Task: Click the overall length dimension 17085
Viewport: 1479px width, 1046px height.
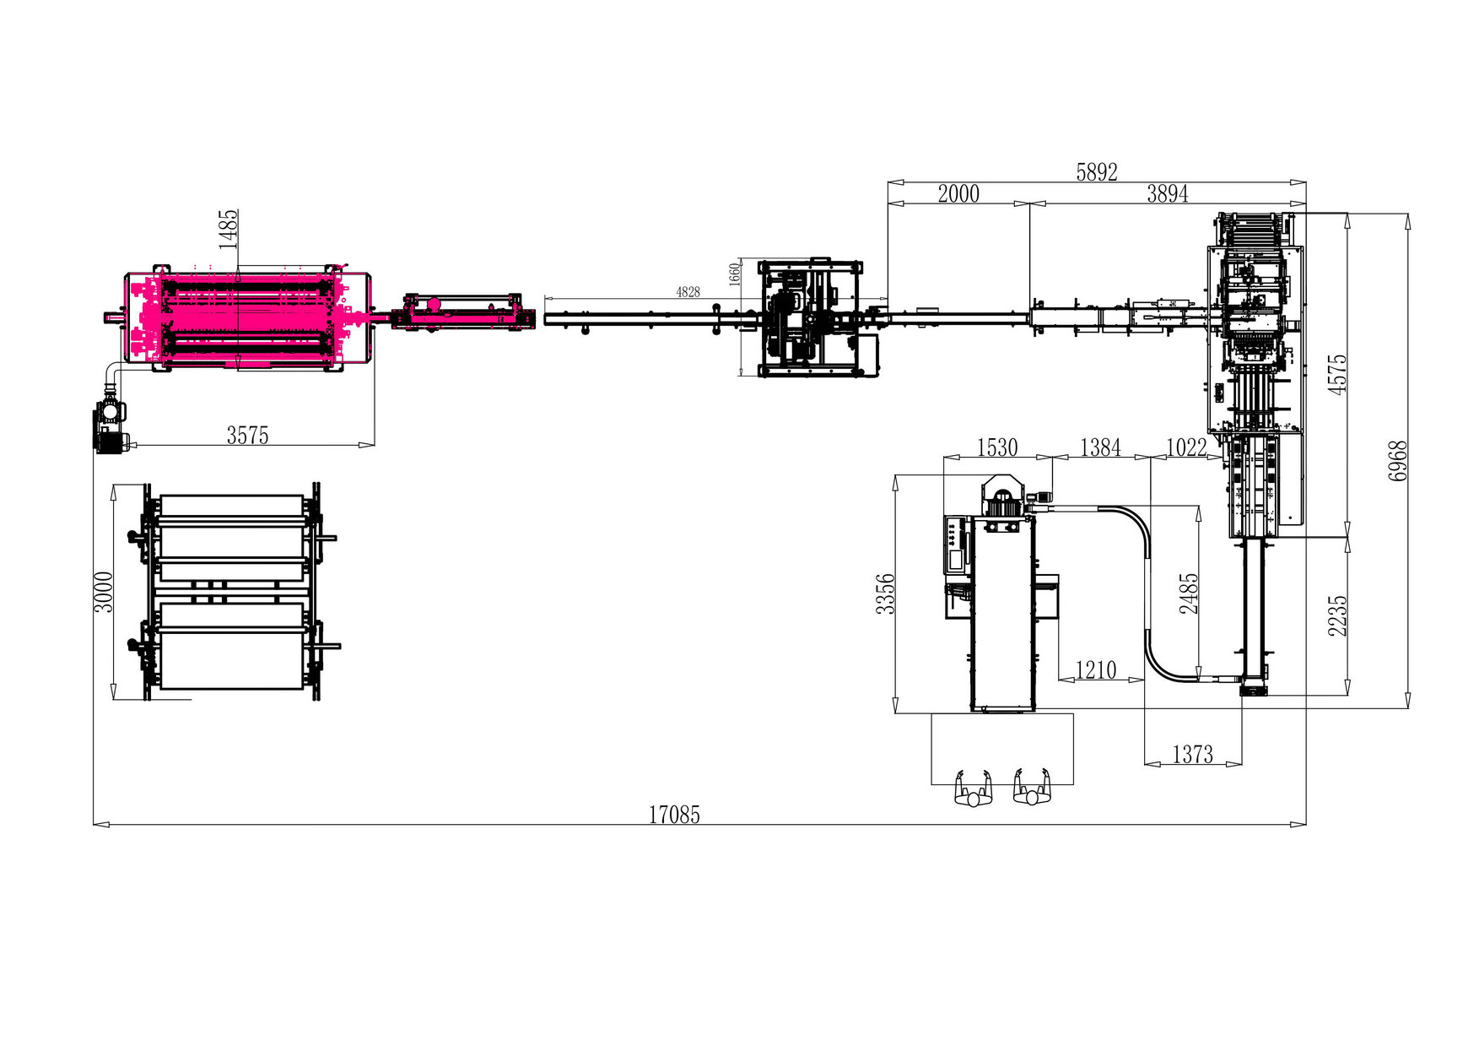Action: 674,815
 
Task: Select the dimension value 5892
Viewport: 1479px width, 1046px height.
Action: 1097,172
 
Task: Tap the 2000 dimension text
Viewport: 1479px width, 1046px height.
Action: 958,193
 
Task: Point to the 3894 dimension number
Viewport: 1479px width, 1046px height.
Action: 1168,193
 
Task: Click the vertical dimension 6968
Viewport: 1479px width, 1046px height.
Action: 1398,461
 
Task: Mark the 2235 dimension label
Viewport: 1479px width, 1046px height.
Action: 1337,615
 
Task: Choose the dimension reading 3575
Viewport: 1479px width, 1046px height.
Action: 247,435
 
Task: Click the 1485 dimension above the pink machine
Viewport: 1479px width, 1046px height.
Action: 229,229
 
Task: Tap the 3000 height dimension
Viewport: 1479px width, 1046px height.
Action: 103,592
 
